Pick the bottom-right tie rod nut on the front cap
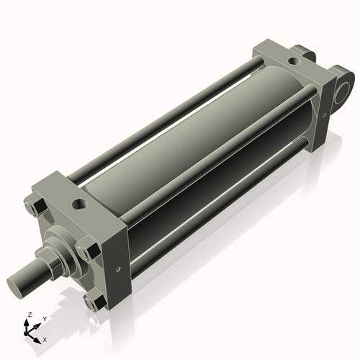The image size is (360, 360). [x=91, y=302]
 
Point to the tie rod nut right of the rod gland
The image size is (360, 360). [x=84, y=253]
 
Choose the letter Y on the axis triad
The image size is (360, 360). [x=44, y=318]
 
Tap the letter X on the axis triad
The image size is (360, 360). [x=45, y=338]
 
